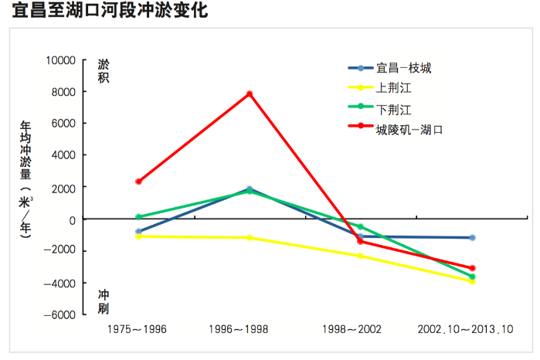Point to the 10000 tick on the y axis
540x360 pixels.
(59, 60)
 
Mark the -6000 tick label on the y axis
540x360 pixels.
(59, 315)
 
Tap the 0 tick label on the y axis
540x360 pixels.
(72, 219)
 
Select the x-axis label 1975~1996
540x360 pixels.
(138, 330)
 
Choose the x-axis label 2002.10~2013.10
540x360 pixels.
(466, 330)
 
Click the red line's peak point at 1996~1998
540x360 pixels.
(250, 94)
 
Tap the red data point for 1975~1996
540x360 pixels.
(138, 182)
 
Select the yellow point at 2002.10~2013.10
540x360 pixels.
(472, 281)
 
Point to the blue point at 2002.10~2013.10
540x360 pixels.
(472, 238)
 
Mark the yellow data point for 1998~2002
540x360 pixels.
(360, 256)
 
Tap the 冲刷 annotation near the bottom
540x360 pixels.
(103, 302)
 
